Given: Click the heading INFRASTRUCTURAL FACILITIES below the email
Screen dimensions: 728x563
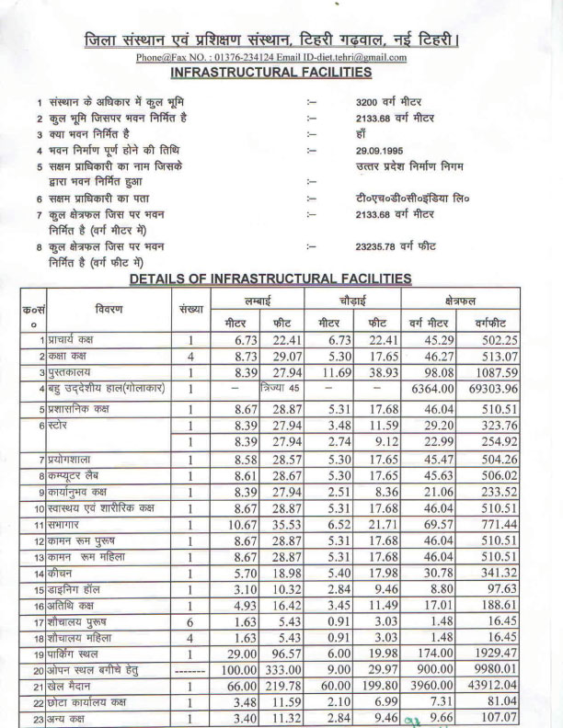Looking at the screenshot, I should tap(271, 72).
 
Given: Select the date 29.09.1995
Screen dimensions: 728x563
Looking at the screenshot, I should tap(381, 150).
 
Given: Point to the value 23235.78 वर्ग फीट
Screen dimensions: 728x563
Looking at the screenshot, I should tap(396, 245).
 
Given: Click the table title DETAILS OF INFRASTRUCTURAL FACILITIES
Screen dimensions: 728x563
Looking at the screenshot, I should tap(270, 278).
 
